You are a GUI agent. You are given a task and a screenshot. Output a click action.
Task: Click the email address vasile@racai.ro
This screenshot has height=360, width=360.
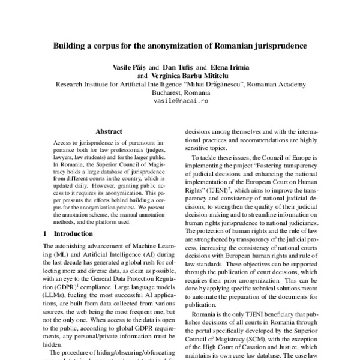tap(180, 103)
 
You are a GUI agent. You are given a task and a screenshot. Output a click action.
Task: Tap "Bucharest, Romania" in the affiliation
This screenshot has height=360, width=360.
tap(180, 94)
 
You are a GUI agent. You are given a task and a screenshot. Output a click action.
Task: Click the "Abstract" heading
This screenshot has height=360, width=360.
tap(109, 131)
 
